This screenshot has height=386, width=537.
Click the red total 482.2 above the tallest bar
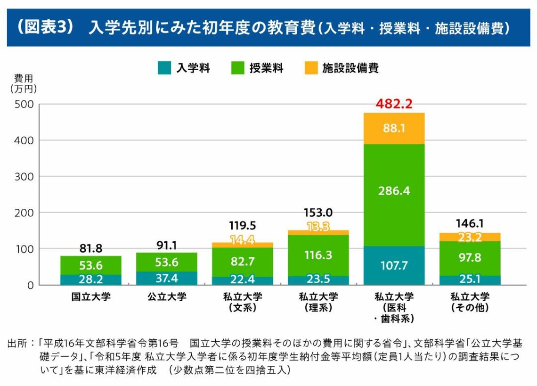tap(394, 104)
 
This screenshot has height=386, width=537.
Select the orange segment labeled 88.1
tap(394, 128)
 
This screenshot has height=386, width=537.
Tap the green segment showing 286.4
tap(394, 190)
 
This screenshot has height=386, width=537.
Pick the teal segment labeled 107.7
tap(394, 265)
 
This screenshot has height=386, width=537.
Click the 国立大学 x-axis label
tap(91, 297)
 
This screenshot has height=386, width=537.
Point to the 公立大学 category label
tap(167, 297)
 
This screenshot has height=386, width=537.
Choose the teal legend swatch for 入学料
tap(164, 68)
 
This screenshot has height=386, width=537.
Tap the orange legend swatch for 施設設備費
tap(310, 68)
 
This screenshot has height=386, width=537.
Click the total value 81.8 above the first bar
tap(91, 248)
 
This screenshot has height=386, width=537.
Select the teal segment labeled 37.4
tap(167, 278)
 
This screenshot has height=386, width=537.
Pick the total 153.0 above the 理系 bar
tap(318, 213)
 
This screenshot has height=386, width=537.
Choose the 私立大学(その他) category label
tap(470, 302)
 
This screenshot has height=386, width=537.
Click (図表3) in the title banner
tap(45, 27)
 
